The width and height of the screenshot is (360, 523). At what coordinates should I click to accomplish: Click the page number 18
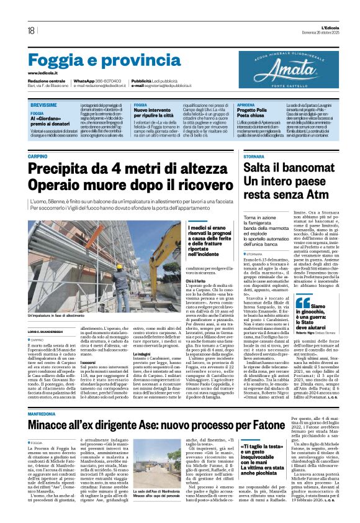(31, 30)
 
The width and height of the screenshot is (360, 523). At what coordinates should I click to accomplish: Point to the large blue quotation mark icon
(321, 302)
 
